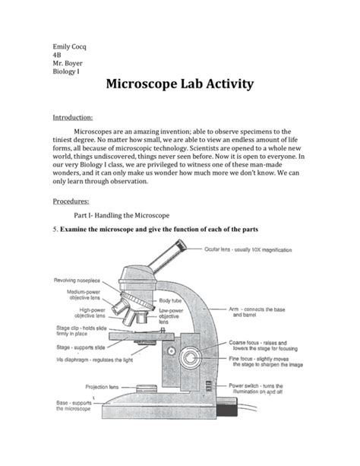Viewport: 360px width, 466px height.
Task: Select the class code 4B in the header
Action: click(x=56, y=55)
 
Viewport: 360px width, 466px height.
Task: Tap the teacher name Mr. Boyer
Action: click(x=66, y=65)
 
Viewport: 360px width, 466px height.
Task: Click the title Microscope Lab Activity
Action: click(x=179, y=85)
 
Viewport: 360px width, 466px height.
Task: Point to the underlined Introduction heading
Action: click(x=72, y=118)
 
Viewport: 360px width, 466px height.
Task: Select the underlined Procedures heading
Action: click(x=70, y=203)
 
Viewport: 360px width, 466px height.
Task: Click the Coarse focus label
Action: click(x=265, y=347)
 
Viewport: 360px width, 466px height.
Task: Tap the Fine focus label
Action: click(x=265, y=367)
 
